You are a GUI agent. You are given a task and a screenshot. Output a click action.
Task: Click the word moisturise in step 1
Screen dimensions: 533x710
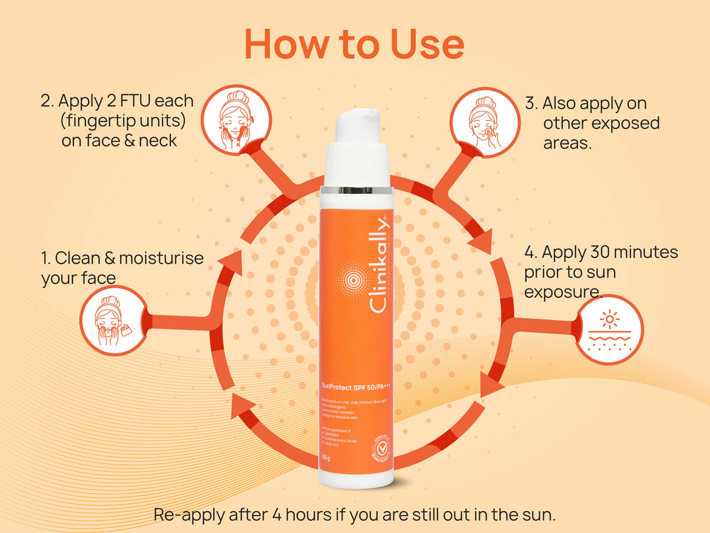(x=161, y=257)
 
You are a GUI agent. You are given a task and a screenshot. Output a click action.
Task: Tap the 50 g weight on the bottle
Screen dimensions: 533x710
(x=328, y=456)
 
